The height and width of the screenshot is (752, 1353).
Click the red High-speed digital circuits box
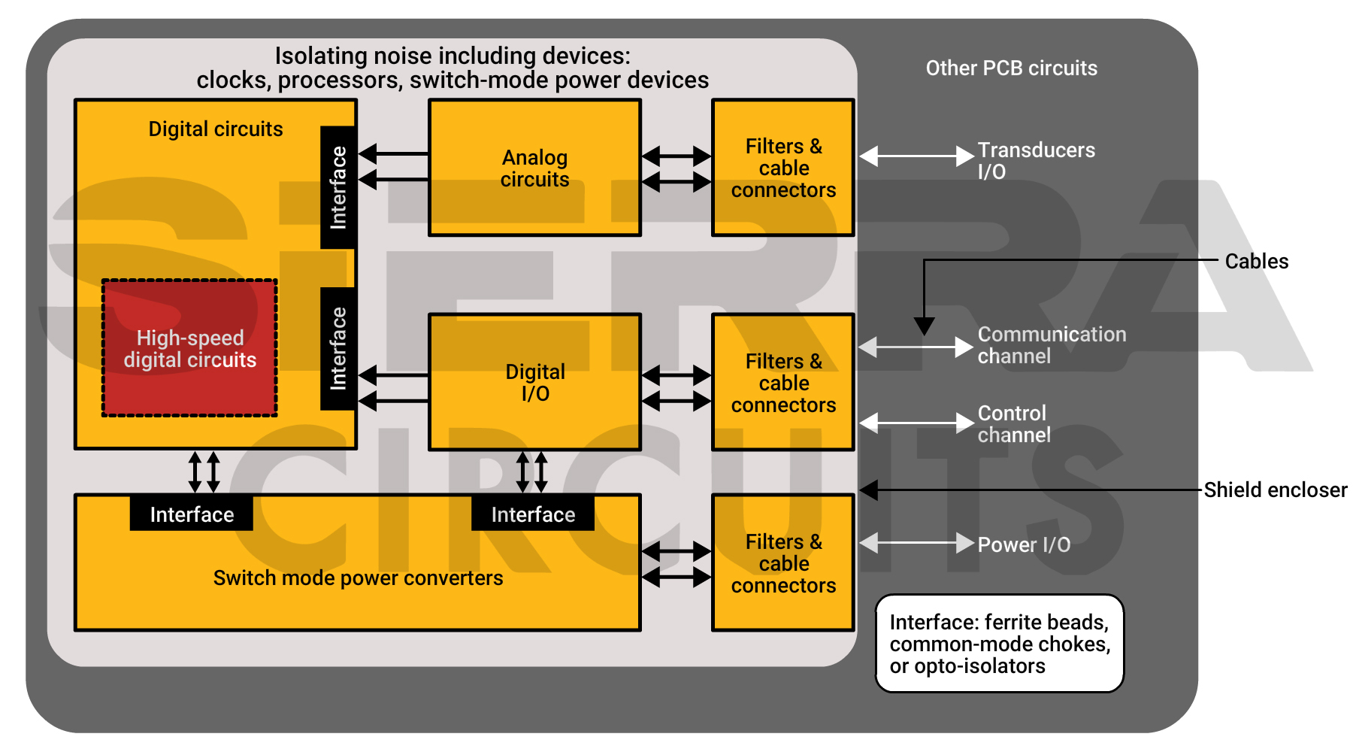(x=189, y=348)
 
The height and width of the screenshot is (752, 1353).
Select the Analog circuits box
(x=534, y=168)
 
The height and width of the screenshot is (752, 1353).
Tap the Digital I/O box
(x=534, y=382)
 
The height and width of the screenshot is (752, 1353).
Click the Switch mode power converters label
(x=358, y=578)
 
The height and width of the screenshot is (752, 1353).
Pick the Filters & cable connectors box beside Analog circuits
(x=783, y=168)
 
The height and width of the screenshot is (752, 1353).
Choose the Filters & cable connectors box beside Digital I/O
(x=783, y=382)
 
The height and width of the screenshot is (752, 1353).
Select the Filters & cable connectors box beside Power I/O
(x=783, y=562)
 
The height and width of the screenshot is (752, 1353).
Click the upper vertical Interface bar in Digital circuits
(x=338, y=187)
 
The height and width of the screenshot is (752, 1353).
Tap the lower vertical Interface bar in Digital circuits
(x=338, y=348)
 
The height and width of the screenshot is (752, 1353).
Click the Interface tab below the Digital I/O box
(x=533, y=514)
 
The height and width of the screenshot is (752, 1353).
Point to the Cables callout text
(x=1256, y=261)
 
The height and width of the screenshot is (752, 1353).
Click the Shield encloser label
(x=1275, y=490)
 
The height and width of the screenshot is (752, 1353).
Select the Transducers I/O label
(x=1036, y=160)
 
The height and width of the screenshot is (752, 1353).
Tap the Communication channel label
(x=1051, y=344)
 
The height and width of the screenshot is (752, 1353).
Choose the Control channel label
(x=1013, y=423)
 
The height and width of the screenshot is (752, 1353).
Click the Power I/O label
(x=1024, y=544)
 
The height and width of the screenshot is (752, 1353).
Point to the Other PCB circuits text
(x=1011, y=68)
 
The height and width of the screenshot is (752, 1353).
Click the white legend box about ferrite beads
(x=999, y=644)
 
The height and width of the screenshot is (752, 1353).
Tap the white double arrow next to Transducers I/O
(x=916, y=156)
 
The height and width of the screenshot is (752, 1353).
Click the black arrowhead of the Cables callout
(x=924, y=326)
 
